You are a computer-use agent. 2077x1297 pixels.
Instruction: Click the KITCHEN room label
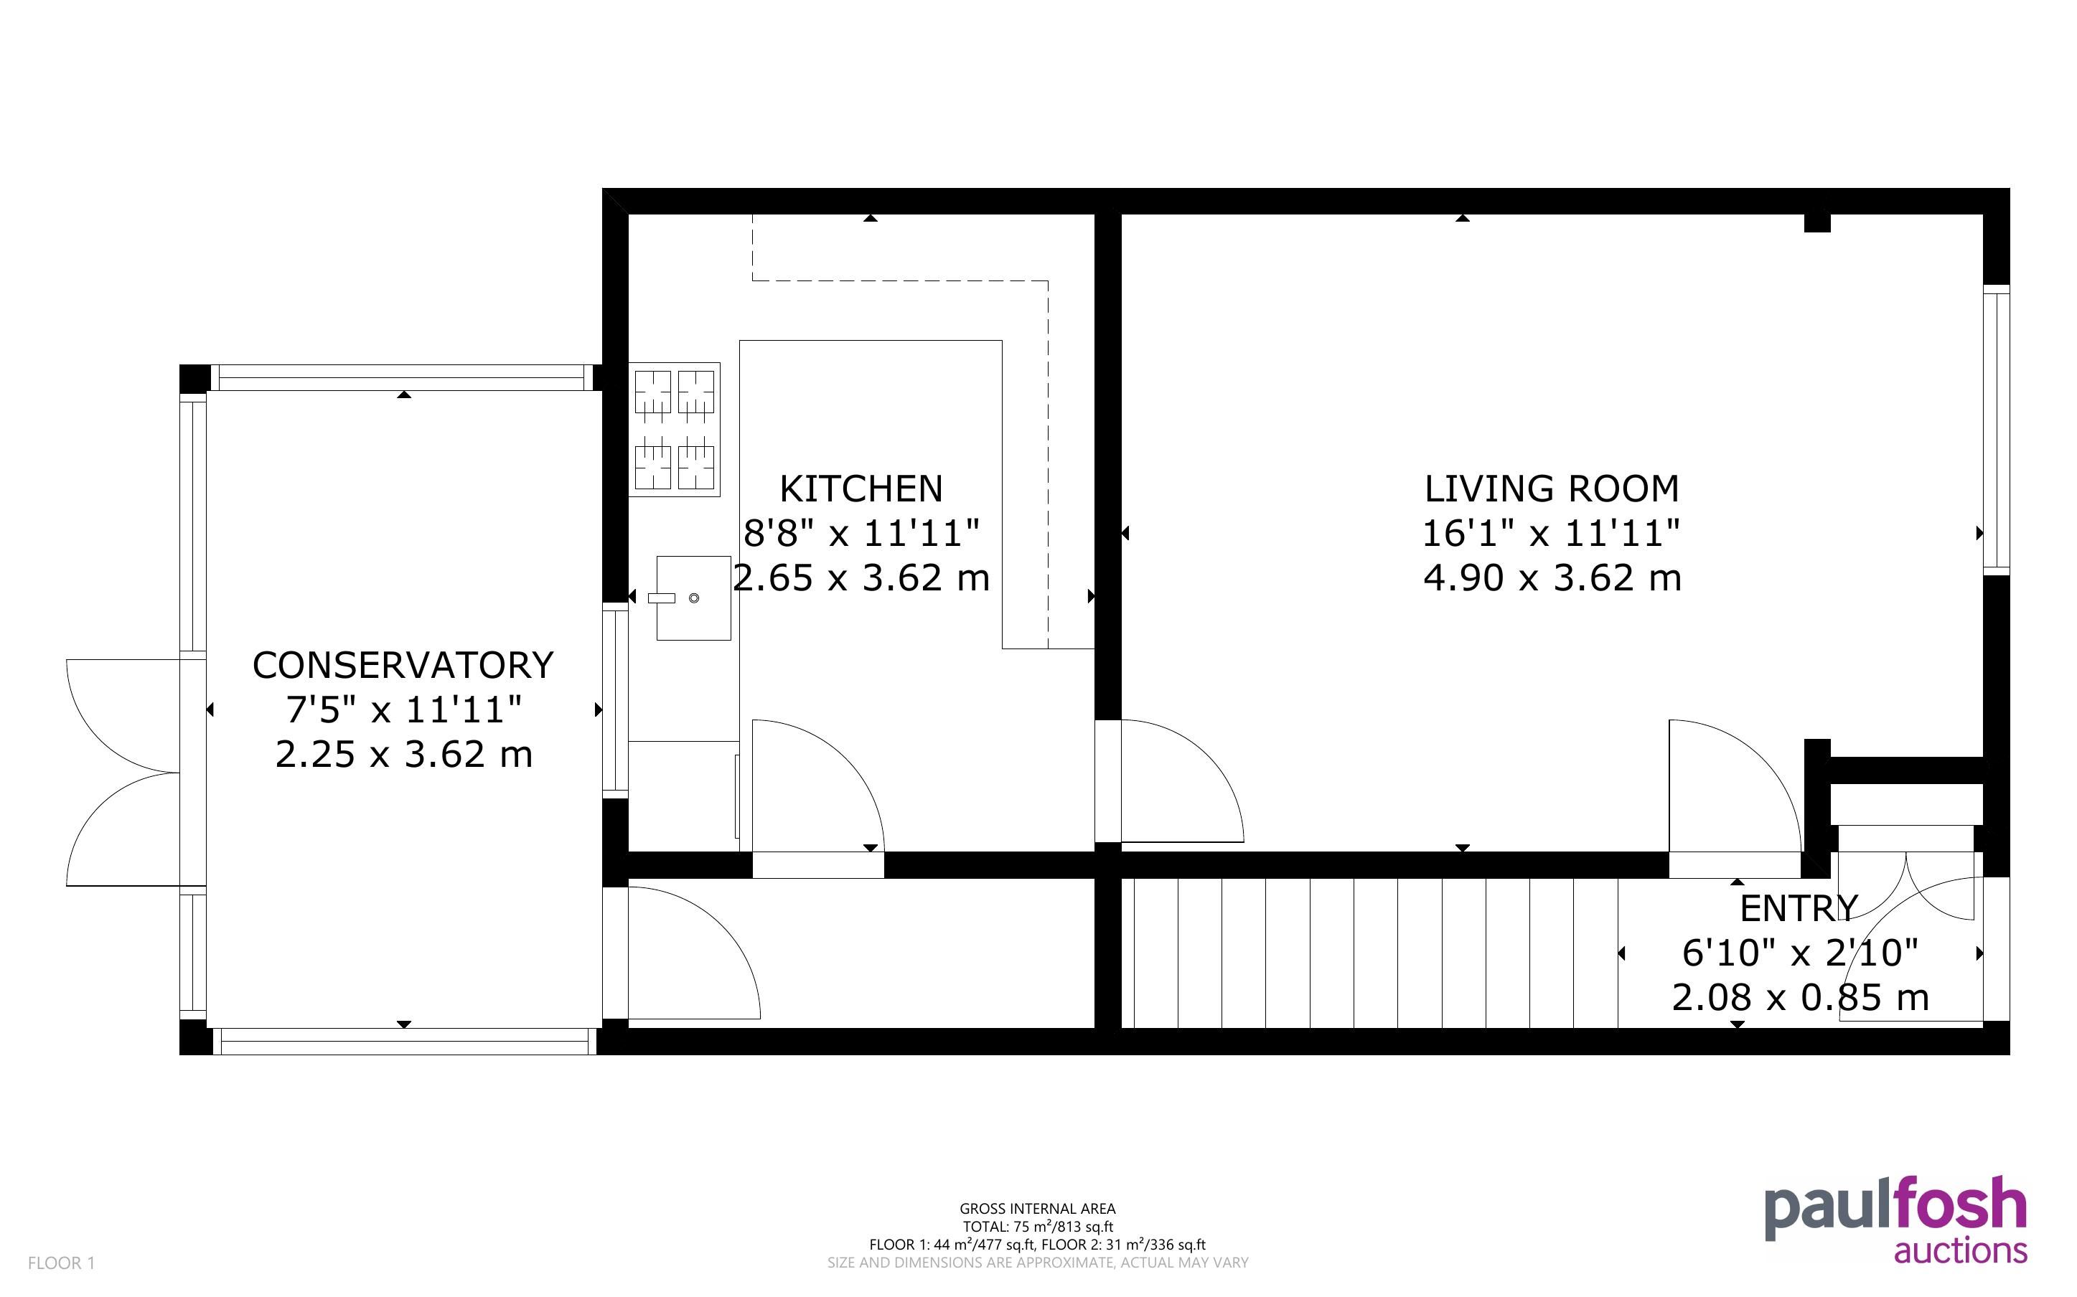(861, 489)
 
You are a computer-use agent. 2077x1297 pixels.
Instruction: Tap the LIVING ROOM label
(1551, 489)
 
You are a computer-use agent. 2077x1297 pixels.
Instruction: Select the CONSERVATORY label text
(403, 666)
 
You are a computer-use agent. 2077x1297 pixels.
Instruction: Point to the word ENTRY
(1799, 907)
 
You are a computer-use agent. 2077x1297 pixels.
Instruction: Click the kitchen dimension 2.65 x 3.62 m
(861, 578)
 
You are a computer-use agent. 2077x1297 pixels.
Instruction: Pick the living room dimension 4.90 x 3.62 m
(1552, 578)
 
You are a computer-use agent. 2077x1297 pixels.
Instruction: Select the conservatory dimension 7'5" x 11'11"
(403, 710)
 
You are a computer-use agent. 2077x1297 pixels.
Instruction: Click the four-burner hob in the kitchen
(675, 429)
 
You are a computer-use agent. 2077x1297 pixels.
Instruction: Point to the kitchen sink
(693, 598)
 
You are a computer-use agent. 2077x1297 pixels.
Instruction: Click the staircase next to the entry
(1370, 952)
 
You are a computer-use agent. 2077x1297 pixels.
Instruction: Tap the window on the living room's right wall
(1997, 430)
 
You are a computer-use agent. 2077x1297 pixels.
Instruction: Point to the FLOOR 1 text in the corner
(62, 1263)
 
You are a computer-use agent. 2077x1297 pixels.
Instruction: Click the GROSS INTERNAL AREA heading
(1037, 1209)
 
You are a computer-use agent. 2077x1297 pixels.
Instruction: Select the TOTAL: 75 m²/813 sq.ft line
(1037, 1227)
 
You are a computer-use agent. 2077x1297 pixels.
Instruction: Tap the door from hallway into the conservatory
(694, 953)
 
